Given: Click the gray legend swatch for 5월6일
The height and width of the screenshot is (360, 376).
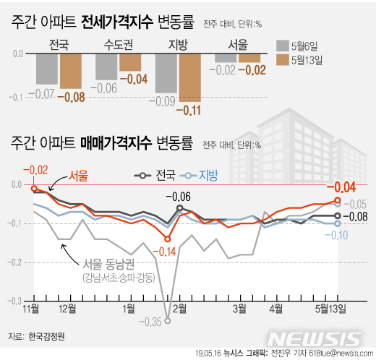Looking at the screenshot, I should click(x=282, y=46).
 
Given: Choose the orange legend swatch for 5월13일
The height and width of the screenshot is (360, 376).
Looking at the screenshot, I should click(x=282, y=61).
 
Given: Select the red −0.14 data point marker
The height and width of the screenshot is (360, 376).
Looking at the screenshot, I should click(x=168, y=239).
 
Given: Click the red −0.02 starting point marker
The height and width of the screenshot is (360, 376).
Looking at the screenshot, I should click(x=34, y=189).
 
